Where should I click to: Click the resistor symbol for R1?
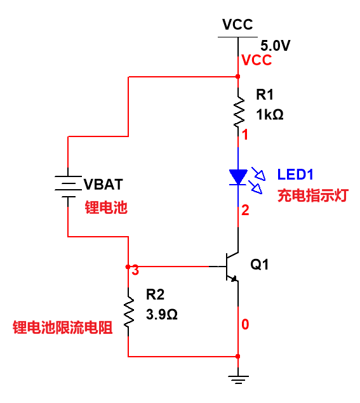239,112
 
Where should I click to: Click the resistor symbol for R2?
128,312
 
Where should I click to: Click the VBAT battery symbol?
68,187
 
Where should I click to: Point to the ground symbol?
238,380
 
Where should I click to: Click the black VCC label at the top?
237,25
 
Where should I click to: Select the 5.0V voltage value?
276,46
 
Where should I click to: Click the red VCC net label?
257,60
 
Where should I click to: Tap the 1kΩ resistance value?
270,114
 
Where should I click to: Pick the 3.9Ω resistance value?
162,314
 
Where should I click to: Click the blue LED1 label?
295,175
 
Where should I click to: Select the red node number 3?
135,270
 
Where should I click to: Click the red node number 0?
245,324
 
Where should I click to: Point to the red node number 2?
245,210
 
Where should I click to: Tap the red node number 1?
245,135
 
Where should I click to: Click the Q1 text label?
260,264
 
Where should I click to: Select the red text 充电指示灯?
313,195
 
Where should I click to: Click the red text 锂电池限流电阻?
62,327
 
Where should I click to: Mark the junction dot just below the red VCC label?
238,77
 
